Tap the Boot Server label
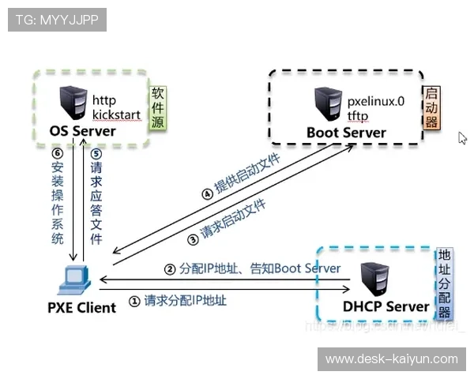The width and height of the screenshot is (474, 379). (x=346, y=132)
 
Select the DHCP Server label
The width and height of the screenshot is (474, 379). (x=386, y=306)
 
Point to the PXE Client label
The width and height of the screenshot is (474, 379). (x=81, y=307)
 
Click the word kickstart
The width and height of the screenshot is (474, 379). (x=117, y=115)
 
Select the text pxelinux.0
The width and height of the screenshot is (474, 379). (x=376, y=102)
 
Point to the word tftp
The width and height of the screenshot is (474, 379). (x=358, y=116)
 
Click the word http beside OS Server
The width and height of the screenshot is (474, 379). (x=104, y=100)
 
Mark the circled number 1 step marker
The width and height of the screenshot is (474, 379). (x=134, y=301)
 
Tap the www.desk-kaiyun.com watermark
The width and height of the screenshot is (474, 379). (x=392, y=359)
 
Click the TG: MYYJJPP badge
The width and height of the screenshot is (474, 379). (x=57, y=20)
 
